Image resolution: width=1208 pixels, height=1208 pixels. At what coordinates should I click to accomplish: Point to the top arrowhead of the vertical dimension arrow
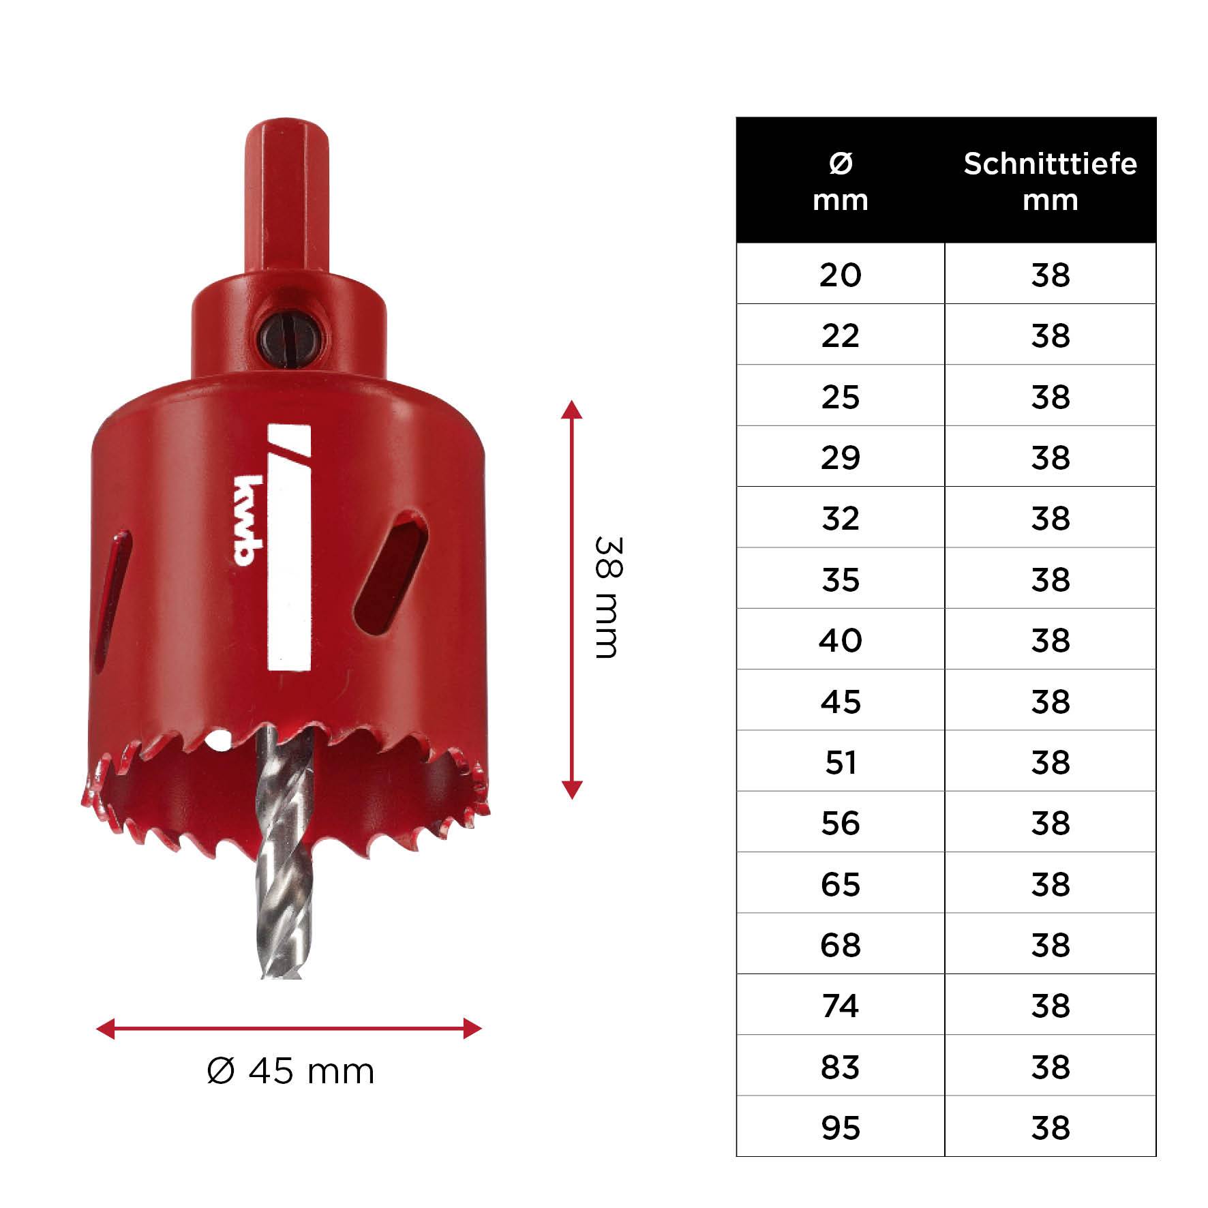[571, 410]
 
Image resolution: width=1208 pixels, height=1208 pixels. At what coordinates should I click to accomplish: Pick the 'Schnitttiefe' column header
[1050, 164]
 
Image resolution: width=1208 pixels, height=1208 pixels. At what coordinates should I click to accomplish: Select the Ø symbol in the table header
[841, 164]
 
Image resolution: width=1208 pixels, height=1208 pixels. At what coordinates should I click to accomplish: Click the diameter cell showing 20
[841, 275]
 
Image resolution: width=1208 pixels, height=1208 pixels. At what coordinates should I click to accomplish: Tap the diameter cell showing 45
[841, 701]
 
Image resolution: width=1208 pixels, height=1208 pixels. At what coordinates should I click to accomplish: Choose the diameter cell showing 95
[841, 1128]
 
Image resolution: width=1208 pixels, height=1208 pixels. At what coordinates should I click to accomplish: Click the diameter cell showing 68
[841, 946]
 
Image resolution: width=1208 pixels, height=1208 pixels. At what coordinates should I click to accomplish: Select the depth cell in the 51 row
[1050, 762]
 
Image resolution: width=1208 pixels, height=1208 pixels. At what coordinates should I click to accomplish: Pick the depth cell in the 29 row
[1050, 457]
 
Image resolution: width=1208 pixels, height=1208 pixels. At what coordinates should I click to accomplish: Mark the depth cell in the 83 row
[1050, 1067]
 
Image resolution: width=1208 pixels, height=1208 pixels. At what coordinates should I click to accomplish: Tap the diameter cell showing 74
[841, 1006]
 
